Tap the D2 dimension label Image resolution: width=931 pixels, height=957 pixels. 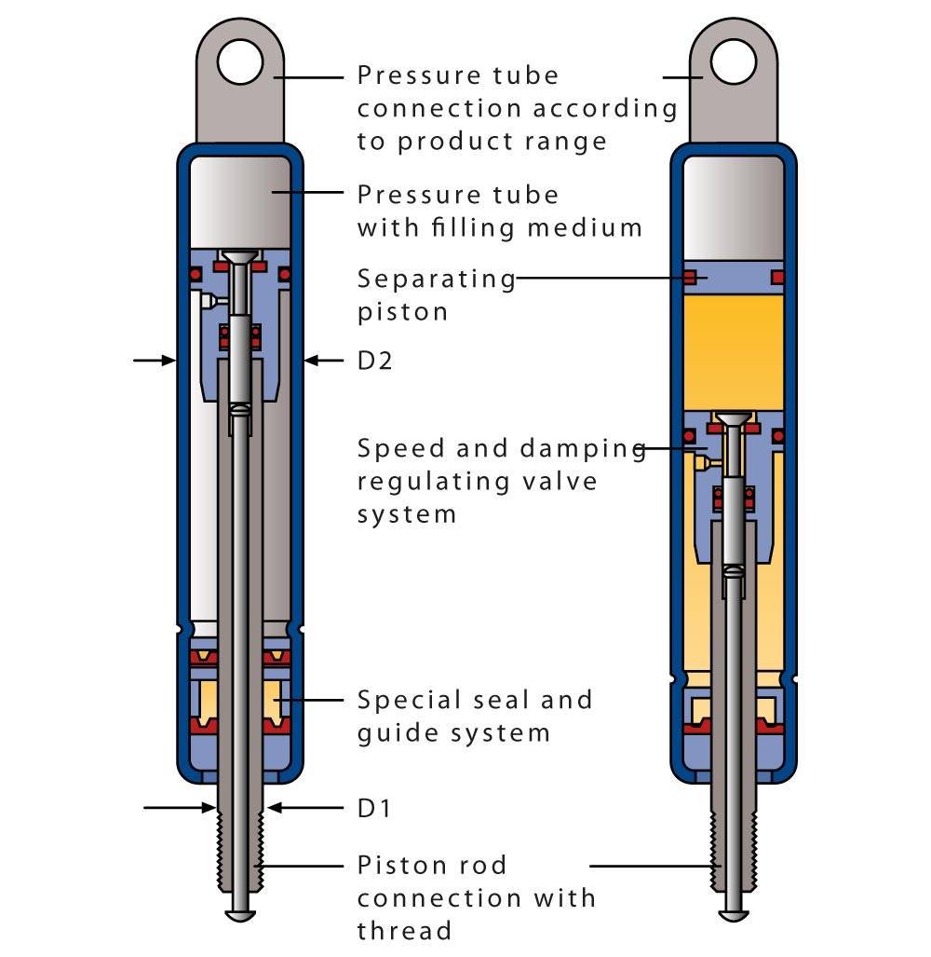pos(374,361)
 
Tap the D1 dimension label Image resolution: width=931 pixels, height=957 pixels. pos(374,808)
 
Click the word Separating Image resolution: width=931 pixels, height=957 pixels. pos(436,279)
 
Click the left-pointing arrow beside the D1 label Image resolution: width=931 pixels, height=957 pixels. pos(289,808)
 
